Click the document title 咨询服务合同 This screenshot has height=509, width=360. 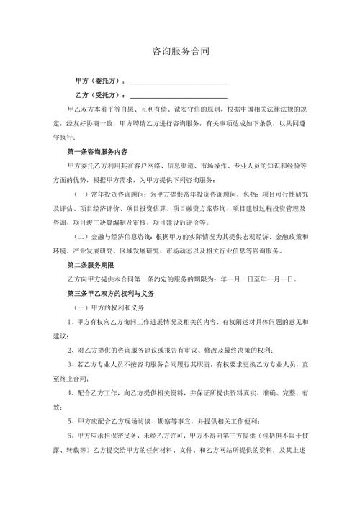[180, 52]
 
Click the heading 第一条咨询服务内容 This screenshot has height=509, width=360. [97, 152]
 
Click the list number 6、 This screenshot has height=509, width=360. [70, 436]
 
